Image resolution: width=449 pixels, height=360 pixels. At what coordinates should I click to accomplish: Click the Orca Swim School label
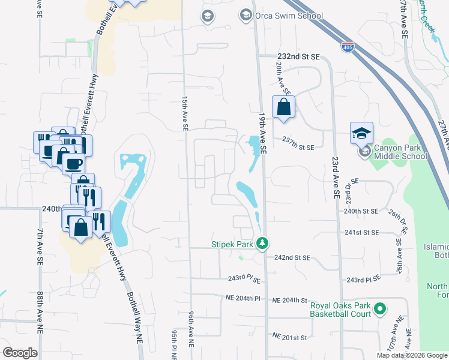(285, 16)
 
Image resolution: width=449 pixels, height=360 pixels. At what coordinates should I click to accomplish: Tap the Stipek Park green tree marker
(262, 243)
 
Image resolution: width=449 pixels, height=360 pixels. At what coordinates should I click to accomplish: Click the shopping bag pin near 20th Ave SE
(283, 108)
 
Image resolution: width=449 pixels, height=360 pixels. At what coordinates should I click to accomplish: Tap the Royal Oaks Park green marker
(379, 310)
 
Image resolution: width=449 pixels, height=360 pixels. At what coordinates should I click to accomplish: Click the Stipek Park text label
(232, 244)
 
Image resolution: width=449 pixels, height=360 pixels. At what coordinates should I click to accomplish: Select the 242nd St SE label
(292, 257)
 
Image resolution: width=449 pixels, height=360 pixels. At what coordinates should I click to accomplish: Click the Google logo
(20, 353)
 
